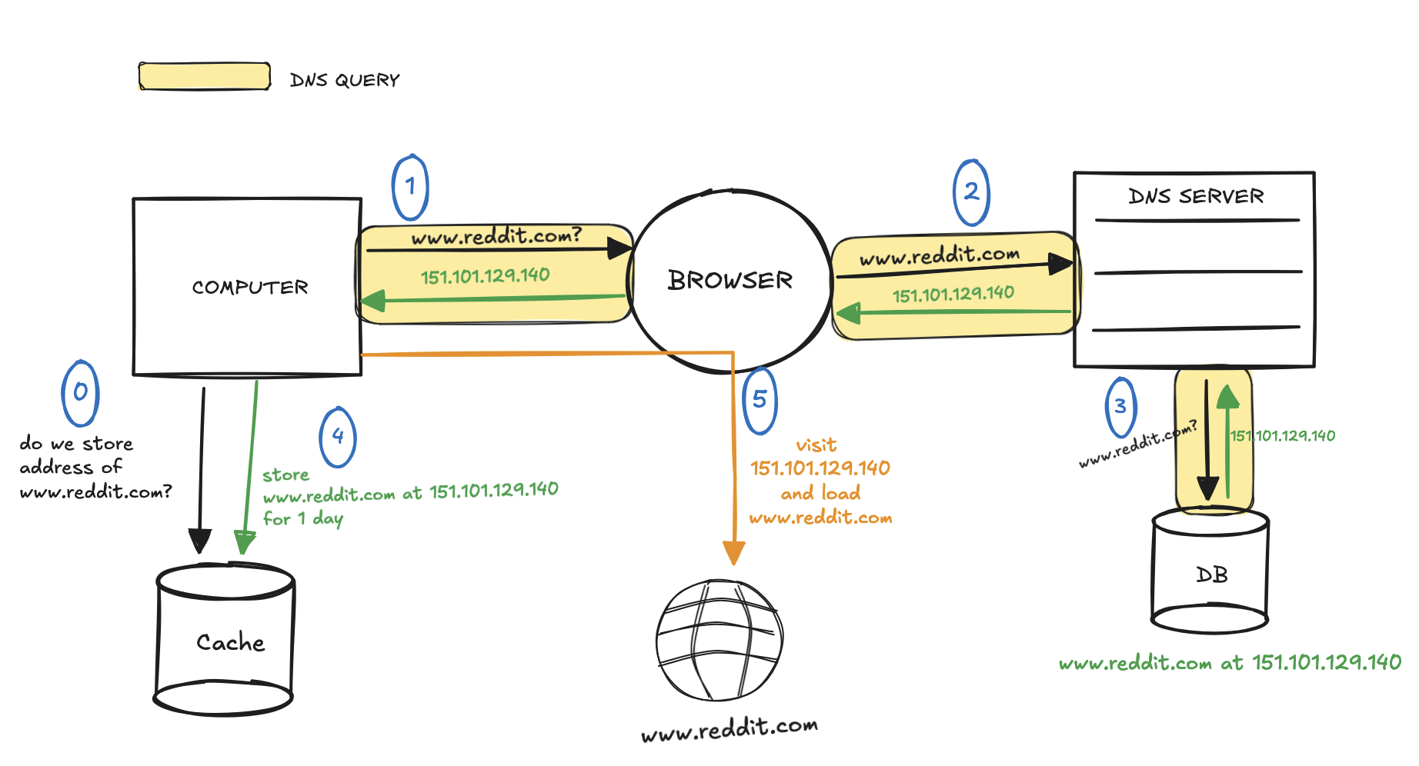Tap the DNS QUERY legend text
[345, 80]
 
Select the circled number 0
[80, 393]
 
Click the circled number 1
[410, 187]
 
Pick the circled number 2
[971, 192]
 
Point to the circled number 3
[1120, 406]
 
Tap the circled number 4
[338, 437]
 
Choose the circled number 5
[760, 400]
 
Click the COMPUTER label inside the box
[250, 288]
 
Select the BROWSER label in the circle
[730, 281]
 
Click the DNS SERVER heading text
[1196, 197]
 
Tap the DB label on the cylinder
[1211, 575]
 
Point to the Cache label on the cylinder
[230, 643]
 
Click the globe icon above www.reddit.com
[719, 640]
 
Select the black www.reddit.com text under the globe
[729, 728]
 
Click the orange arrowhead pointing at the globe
[734, 552]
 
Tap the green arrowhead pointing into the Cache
[244, 542]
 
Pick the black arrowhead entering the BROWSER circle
[619, 248]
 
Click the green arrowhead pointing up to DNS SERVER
[1228, 396]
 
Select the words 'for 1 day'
[302, 519]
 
